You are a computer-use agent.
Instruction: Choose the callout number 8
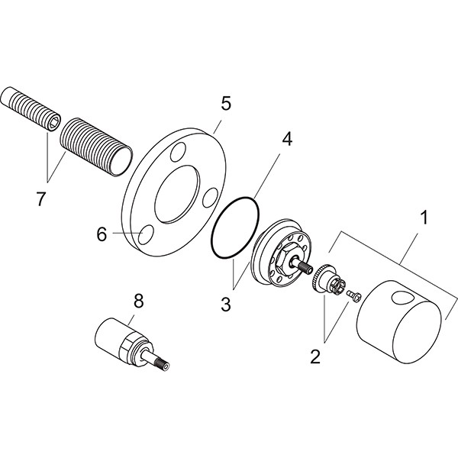tap(138, 302)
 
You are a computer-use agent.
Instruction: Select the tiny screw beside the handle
tap(353, 295)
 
